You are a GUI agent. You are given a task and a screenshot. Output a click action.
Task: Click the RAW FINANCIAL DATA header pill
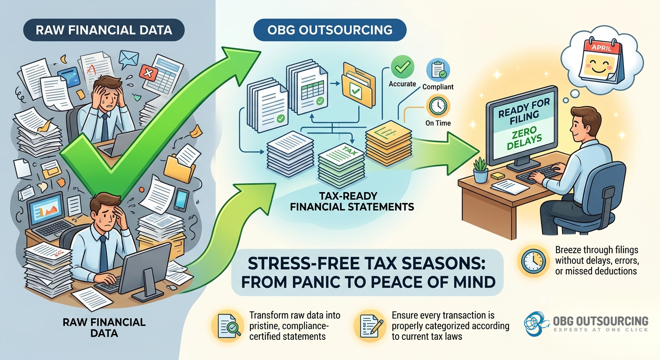pos(104,30)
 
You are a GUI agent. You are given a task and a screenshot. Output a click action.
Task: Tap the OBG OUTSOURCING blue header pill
pos(330,30)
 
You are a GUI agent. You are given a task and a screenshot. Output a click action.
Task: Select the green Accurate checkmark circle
pos(402,67)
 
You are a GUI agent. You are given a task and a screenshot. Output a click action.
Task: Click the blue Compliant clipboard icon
pos(438,70)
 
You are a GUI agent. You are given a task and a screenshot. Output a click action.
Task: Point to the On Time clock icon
pos(438,106)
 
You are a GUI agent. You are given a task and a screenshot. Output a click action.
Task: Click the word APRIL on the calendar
pos(601,47)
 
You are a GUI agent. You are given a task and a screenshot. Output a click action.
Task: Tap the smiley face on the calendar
pos(598,67)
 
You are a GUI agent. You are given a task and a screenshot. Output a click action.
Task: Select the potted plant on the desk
pos(480,170)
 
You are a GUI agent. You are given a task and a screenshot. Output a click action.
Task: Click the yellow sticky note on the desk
pos(498,176)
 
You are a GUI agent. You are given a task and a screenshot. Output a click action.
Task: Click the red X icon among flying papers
pos(148,72)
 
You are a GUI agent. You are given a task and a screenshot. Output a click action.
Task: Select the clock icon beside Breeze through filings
pos(533,261)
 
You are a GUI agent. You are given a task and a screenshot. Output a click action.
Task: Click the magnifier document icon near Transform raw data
pos(227,326)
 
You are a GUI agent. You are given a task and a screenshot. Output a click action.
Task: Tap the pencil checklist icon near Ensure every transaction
pos(370,326)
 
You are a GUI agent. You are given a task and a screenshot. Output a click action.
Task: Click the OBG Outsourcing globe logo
pos(536,324)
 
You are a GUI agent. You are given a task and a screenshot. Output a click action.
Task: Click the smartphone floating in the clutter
pos(181,200)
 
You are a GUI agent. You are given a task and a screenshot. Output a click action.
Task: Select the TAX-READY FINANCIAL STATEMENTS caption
pos(352,201)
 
